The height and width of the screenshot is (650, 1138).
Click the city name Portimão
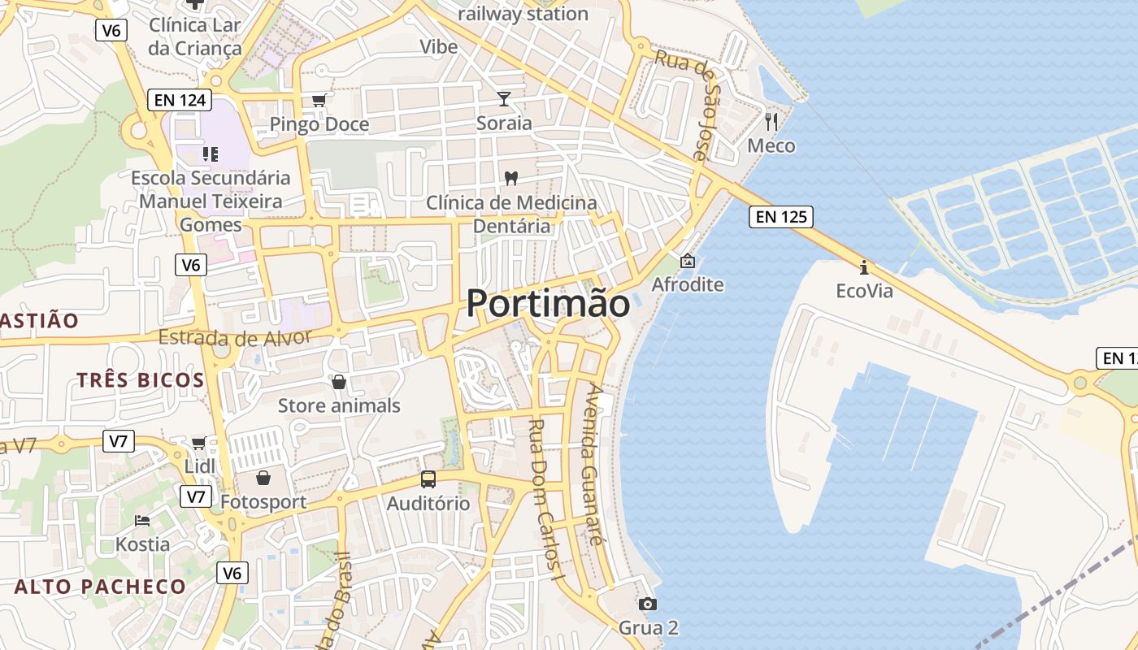548,304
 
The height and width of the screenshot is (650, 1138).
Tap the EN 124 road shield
180,101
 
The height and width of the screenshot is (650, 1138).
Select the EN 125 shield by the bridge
780,217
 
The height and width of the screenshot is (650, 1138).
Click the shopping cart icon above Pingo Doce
319,100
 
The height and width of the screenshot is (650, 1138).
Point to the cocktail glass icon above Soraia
505,99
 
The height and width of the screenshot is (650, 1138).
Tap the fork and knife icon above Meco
771,122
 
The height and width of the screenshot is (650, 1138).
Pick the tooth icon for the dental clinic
511,178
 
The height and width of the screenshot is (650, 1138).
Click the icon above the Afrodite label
688,261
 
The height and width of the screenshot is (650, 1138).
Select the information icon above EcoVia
864,266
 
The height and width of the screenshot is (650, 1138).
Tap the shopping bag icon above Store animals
339,381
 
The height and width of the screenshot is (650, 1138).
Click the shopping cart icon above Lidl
199,443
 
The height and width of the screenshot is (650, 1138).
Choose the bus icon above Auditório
428,479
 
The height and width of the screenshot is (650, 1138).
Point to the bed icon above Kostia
142,520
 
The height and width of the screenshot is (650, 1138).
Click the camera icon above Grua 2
648,604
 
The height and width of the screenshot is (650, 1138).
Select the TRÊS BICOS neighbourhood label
141,379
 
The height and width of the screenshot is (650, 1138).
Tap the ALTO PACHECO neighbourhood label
100,587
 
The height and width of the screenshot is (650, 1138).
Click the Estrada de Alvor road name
236,338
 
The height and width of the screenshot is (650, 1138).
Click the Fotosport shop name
263,502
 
